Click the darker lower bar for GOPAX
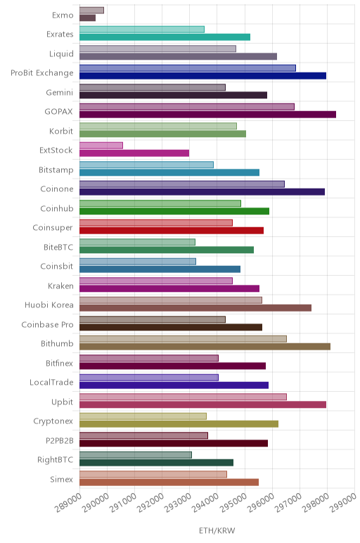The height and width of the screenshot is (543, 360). point(207,115)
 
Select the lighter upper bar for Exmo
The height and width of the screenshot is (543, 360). point(91,11)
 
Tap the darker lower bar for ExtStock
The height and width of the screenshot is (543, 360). point(134,153)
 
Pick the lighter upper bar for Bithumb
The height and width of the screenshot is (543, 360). point(183,339)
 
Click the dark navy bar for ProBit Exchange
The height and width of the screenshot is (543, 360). point(202,76)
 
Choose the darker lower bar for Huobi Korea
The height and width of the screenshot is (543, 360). point(195,308)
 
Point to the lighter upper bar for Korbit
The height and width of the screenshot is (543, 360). point(158,126)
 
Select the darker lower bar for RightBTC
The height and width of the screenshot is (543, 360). point(157,463)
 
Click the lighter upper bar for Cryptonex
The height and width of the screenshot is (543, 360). point(143,416)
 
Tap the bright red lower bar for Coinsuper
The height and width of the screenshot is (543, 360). point(172,231)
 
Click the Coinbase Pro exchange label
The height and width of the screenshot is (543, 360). point(47,324)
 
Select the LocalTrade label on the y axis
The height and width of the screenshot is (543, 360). point(51,383)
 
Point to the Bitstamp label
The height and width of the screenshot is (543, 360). point(56,170)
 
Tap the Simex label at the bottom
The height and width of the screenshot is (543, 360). point(62,479)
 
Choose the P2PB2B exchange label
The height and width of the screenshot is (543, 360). point(60,440)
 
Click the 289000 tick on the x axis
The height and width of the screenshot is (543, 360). point(67,502)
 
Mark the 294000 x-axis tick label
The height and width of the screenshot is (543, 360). point(205,502)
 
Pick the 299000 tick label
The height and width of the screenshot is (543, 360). point(342,502)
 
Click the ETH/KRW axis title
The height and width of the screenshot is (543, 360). point(217,530)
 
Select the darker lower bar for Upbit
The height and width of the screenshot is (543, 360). point(202,404)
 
